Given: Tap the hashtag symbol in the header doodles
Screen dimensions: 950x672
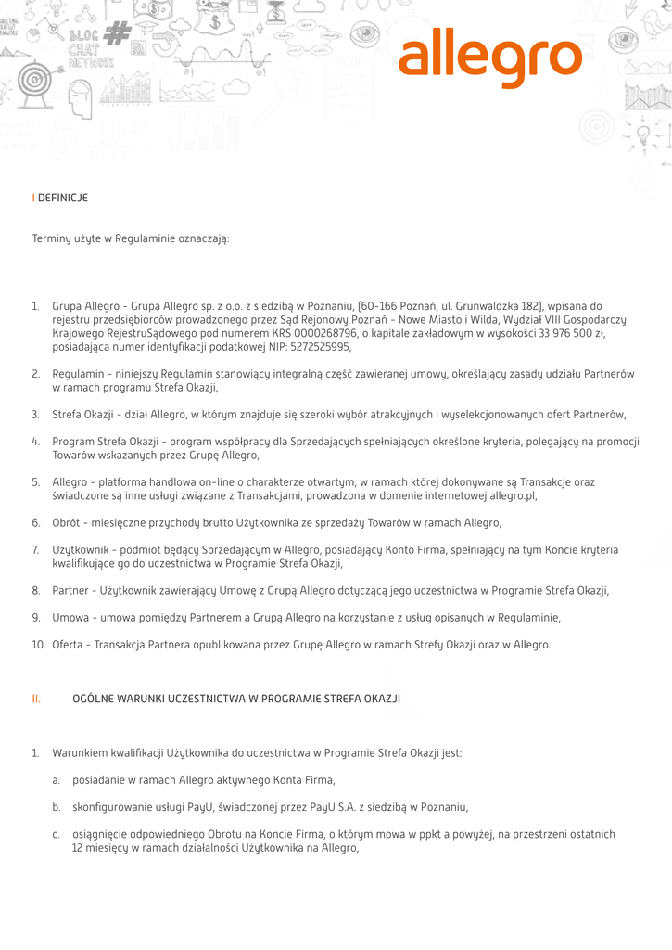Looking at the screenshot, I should (x=117, y=33).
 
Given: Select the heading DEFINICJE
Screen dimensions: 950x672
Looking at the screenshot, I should (x=63, y=198).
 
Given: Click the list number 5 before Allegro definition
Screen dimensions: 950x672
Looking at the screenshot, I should (x=35, y=482).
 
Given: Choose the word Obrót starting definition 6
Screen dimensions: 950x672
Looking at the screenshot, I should (x=67, y=523).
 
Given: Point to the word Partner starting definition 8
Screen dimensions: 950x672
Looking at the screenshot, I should (x=70, y=590).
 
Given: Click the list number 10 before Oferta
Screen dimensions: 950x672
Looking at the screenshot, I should (x=38, y=645).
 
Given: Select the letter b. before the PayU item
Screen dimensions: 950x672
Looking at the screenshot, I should (x=57, y=807).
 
